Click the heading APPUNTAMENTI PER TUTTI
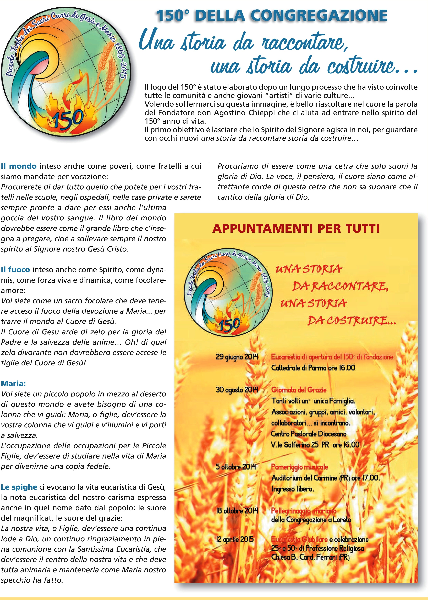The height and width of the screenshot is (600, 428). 296,228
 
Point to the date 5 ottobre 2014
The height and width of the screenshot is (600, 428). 236,467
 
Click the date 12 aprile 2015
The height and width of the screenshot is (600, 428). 235,539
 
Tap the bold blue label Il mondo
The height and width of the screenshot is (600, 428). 19,166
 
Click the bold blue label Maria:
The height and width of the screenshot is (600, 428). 13,383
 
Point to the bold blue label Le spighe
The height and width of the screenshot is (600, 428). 19,487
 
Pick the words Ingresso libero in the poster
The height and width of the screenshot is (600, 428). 293,489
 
